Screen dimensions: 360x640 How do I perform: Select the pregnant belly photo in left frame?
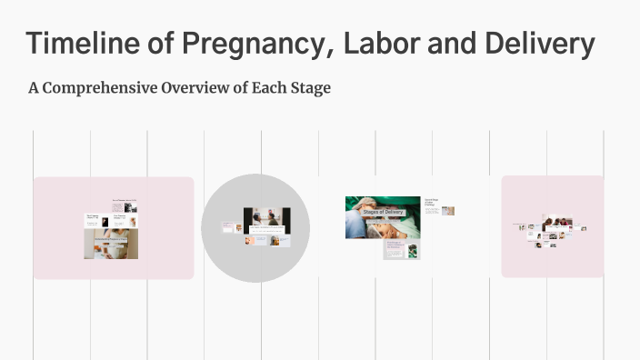[x=112, y=244]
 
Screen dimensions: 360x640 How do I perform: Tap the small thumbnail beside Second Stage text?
[x=448, y=211]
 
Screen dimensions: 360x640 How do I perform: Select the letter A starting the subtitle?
[x=34, y=89]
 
